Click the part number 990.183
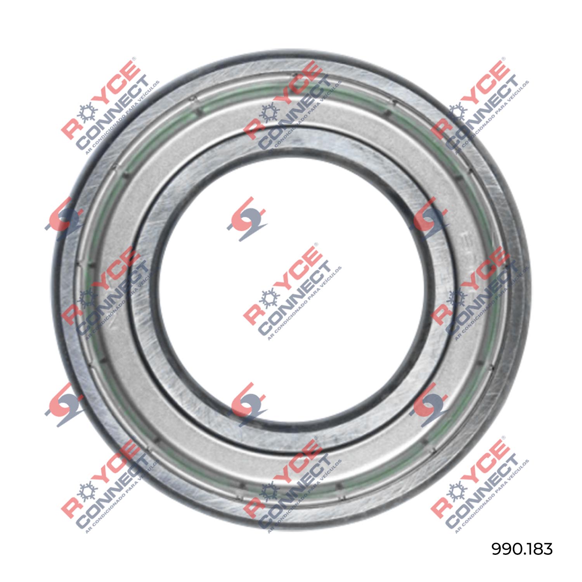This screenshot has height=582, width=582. click(522, 549)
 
